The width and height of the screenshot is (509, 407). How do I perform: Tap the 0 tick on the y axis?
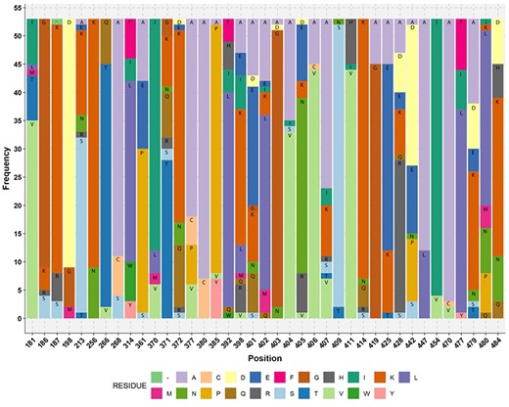point(19,319)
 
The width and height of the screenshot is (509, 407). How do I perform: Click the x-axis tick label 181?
point(33,335)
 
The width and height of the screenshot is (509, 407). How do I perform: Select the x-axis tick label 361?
point(144,335)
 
